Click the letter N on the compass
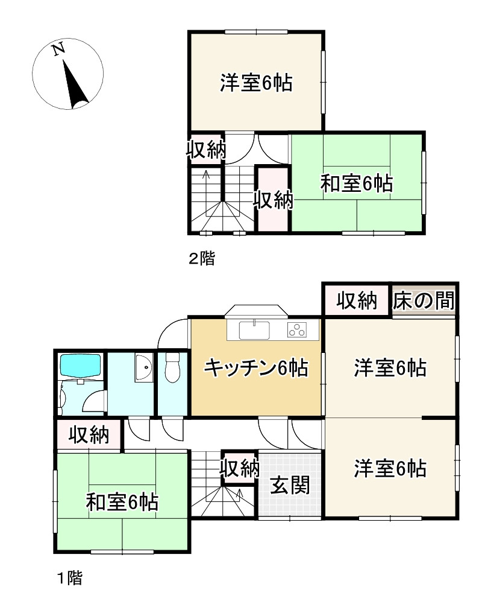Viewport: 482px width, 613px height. [58, 49]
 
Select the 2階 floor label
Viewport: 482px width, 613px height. [202, 259]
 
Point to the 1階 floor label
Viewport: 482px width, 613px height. [69, 579]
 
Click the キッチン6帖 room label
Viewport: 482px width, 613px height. [256, 367]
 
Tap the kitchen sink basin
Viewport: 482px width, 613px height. [255, 331]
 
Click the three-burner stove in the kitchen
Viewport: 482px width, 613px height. [298, 330]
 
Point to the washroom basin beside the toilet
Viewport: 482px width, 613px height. [145, 367]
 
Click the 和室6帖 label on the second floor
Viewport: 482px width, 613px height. [356, 183]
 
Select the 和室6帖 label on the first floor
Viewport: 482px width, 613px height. [122, 501]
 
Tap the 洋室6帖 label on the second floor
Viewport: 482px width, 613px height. [255, 83]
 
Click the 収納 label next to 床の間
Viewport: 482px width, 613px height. [357, 300]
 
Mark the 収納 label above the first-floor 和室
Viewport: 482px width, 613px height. [88, 434]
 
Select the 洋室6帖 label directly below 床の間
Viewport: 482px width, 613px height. [390, 367]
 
